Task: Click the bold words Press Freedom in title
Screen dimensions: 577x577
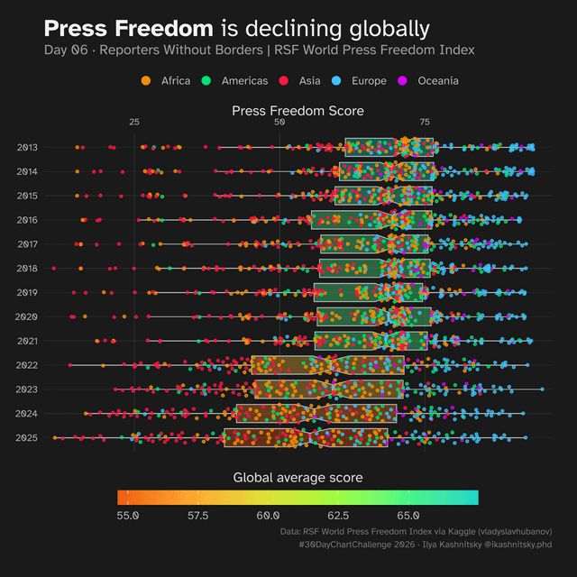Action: click(x=128, y=28)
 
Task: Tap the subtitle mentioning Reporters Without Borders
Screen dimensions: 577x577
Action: click(x=259, y=50)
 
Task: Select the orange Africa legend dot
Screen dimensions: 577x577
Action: click(x=147, y=81)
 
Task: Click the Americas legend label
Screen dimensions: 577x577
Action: click(x=244, y=81)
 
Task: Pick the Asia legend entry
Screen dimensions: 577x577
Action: click(x=309, y=81)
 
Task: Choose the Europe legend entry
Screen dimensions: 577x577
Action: click(x=369, y=81)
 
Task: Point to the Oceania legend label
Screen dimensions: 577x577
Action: click(x=438, y=81)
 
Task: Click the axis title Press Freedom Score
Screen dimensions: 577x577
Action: click(x=298, y=111)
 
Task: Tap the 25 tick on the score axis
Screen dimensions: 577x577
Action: click(x=134, y=122)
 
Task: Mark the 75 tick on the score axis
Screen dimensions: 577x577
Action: click(x=425, y=122)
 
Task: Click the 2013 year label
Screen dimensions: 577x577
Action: click(x=26, y=147)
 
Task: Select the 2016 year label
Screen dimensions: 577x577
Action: click(x=26, y=220)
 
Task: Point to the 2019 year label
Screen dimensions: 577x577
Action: click(x=26, y=293)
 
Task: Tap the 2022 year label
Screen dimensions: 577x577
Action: click(x=26, y=365)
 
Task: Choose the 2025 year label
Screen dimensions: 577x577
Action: click(x=26, y=438)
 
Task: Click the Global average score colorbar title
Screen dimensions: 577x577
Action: click(x=298, y=477)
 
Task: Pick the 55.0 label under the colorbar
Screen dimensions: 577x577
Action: click(x=128, y=516)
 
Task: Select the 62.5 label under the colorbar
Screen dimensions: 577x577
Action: click(x=338, y=516)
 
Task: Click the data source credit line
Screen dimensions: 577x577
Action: click(x=416, y=532)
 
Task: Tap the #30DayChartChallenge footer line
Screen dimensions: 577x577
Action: click(x=424, y=545)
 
